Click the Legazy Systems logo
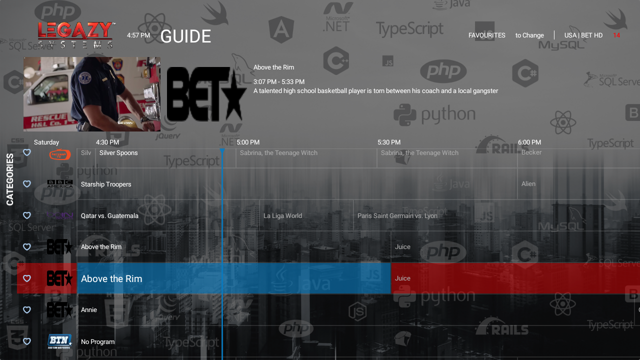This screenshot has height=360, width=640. coord(76,35)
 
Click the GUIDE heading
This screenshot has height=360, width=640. coord(185,36)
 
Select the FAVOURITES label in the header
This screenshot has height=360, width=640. coord(486,35)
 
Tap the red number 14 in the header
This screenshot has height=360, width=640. coord(616,35)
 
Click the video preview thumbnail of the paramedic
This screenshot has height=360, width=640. coord(92,94)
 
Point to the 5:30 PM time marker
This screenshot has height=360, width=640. coord(388,142)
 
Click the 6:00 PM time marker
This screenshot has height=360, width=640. coord(529,142)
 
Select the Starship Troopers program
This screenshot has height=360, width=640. coord(106,184)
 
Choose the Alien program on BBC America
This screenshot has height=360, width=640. coord(528,184)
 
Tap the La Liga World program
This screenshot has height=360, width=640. coord(282,216)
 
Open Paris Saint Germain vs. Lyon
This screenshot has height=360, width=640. coord(397,216)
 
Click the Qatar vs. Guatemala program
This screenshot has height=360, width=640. coord(109,216)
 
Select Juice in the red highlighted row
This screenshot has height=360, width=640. coord(402,278)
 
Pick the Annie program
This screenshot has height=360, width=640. coord(89,310)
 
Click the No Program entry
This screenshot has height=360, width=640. coord(97,342)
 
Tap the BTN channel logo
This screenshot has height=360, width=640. coord(59,341)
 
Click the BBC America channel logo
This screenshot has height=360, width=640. coord(60,184)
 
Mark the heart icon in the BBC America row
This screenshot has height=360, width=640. coord(27,184)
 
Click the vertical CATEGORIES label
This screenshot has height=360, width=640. coord(10,179)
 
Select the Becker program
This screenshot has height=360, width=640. coord(531,152)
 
